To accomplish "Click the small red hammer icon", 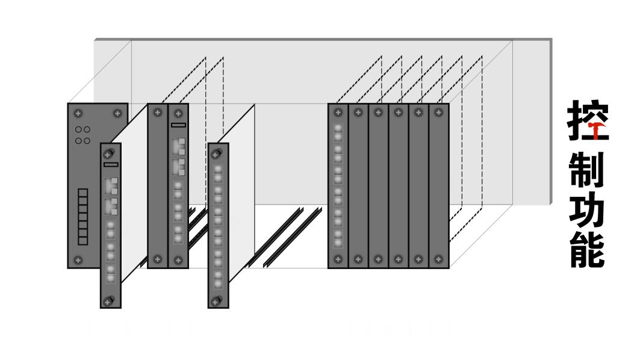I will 596,129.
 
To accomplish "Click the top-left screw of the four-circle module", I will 77,113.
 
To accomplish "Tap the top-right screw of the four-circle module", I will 117,113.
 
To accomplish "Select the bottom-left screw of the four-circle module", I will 77,259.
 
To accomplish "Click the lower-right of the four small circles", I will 87,141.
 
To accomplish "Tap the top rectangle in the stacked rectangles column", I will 83,193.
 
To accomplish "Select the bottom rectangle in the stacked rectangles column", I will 83,240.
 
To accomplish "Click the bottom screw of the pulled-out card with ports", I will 108,301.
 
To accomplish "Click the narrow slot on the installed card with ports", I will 178,125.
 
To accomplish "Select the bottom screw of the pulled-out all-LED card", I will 218,301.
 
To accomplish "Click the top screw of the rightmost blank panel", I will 438,112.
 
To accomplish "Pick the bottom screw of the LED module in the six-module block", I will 338,259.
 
